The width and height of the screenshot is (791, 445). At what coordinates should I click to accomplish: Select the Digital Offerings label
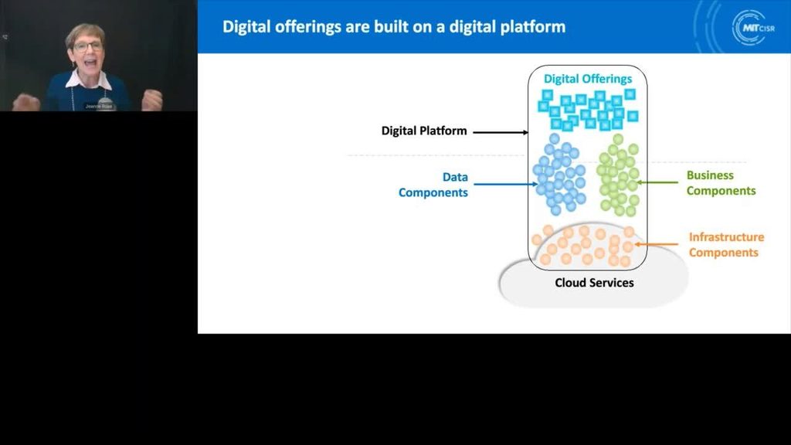(587, 79)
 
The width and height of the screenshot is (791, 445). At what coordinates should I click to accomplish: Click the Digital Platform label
(424, 131)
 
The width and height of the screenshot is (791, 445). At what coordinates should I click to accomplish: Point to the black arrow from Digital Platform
(499, 132)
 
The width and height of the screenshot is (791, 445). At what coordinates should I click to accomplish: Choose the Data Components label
(433, 185)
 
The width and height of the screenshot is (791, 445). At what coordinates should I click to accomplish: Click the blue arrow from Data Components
(504, 185)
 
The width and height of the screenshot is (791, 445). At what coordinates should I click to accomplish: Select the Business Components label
(721, 183)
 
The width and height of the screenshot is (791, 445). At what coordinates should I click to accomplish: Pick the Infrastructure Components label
(725, 245)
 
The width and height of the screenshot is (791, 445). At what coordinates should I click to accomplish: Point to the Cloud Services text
(594, 283)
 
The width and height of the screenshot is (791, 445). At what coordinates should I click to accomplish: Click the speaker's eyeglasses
(88, 46)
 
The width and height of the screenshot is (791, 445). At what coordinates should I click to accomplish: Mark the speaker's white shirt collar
(88, 79)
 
